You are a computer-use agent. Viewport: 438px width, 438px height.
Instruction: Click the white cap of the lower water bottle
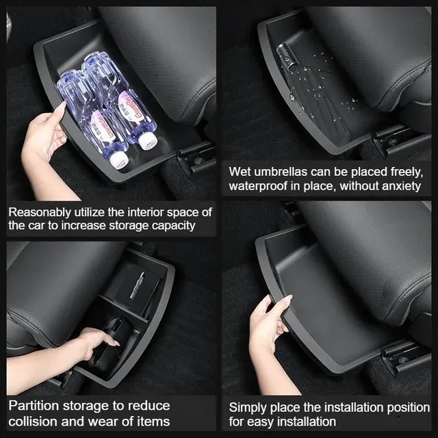click(x=118, y=162)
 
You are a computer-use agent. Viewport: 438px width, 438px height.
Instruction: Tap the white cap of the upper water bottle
click(x=146, y=140)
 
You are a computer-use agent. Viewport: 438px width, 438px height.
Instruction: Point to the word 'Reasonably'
click(x=40, y=213)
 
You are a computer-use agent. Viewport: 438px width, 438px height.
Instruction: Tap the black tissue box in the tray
click(x=134, y=288)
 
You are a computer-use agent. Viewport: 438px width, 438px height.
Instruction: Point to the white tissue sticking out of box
click(x=137, y=285)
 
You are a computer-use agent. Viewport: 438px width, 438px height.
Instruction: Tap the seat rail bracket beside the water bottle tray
click(x=196, y=158)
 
